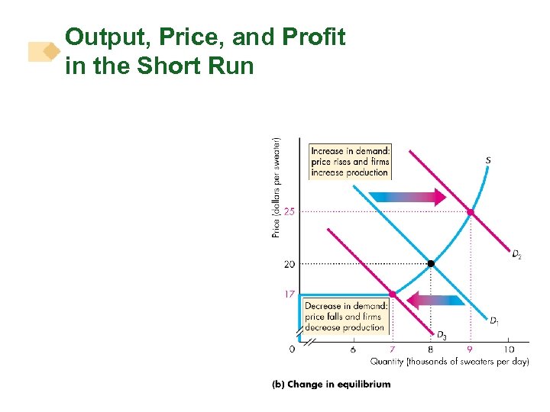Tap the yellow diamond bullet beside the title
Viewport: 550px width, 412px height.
click(50, 51)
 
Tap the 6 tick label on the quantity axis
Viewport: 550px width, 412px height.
click(353, 349)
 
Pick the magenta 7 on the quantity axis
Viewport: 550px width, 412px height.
click(392, 349)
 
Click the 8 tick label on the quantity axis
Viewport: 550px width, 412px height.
click(431, 349)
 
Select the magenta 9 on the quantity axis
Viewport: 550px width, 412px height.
click(470, 349)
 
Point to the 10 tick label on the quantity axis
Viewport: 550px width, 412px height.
click(508, 349)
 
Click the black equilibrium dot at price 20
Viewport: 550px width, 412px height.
click(431, 263)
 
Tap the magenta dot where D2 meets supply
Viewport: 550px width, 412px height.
click(470, 212)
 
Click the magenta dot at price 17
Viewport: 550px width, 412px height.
click(392, 294)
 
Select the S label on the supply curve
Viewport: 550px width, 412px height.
click(488, 160)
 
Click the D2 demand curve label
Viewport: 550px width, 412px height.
click(517, 255)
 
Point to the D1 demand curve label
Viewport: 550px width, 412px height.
click(495, 320)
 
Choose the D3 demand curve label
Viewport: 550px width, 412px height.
click(442, 335)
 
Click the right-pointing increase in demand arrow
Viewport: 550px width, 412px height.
click(408, 198)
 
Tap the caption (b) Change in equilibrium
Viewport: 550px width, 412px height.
click(331, 384)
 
